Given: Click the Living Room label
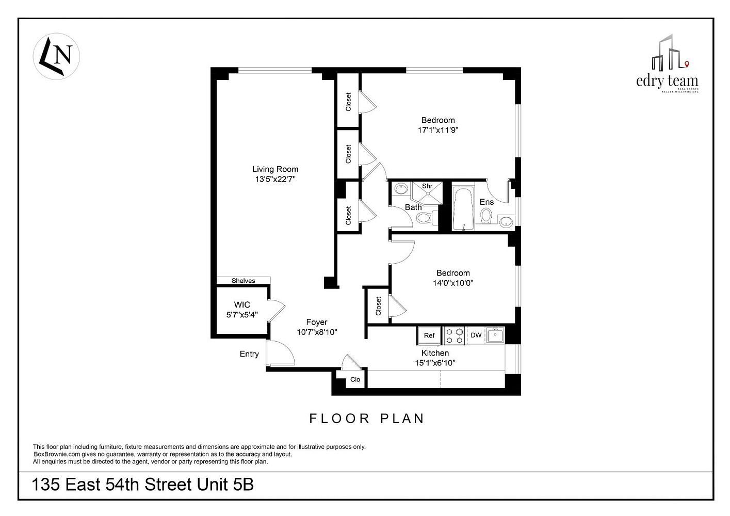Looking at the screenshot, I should click(275, 169).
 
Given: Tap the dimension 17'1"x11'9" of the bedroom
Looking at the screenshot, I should click(438, 131).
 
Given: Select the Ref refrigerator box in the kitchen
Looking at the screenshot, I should click(429, 335).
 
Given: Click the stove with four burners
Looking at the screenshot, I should click(455, 335).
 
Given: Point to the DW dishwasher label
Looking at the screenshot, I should click(476, 335).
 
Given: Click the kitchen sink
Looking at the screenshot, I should click(495, 335).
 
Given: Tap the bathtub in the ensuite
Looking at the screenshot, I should click(463, 208).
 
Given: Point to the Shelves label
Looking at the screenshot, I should click(243, 281).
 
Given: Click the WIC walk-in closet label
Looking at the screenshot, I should click(242, 304).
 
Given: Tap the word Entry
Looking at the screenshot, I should click(249, 354).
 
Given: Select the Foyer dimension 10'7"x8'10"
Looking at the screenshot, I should click(317, 332).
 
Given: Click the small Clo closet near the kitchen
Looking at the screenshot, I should click(355, 380).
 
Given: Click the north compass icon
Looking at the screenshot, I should click(56, 56).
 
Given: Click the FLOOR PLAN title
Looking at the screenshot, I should click(367, 418).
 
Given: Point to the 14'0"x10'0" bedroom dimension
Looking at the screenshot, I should click(453, 283).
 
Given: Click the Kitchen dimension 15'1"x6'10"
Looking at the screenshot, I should click(435, 363).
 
